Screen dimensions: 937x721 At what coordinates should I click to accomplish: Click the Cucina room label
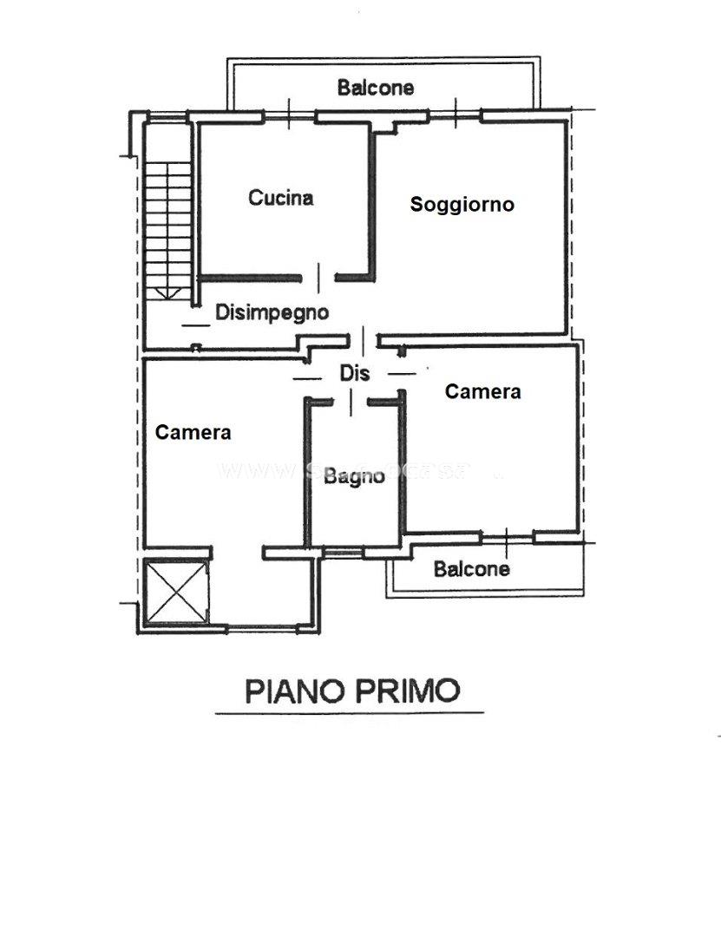coord(280,198)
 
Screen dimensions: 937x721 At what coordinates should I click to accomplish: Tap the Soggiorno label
coord(462,205)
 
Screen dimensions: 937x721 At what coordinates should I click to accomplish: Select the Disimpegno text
coord(272,312)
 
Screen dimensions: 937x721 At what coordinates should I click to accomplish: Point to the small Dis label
coord(355,374)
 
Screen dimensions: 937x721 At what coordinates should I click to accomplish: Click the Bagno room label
coord(354,475)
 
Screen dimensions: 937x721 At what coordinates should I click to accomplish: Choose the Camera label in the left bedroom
coord(193,432)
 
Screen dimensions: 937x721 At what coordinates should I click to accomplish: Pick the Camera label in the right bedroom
coord(482,392)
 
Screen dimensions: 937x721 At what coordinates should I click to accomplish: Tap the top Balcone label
coord(376,88)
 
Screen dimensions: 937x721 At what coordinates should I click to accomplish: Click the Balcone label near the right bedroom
coord(471,569)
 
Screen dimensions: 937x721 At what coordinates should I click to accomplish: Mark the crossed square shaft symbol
coord(177,592)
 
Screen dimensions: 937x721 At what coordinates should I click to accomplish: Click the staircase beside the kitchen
coord(167,208)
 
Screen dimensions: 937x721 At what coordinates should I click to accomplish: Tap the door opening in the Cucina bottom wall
coord(318,278)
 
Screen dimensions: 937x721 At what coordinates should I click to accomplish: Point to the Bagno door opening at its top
coord(350,401)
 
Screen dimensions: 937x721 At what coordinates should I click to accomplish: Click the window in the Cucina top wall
coord(289,115)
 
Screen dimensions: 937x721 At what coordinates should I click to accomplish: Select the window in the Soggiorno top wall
coord(456,115)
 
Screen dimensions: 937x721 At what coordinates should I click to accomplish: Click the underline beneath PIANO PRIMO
coord(350,713)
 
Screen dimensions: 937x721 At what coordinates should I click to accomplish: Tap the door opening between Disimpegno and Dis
coord(363,340)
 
